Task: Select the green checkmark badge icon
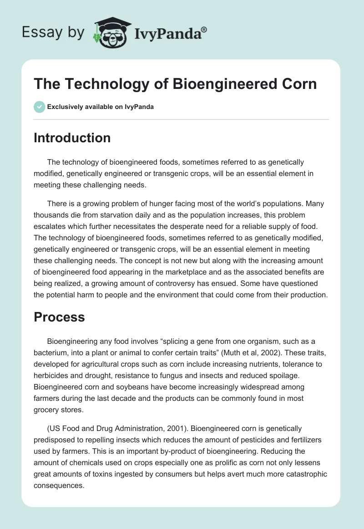[x=39, y=107]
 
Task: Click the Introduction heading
[x=72, y=138]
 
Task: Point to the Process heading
[x=59, y=317]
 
